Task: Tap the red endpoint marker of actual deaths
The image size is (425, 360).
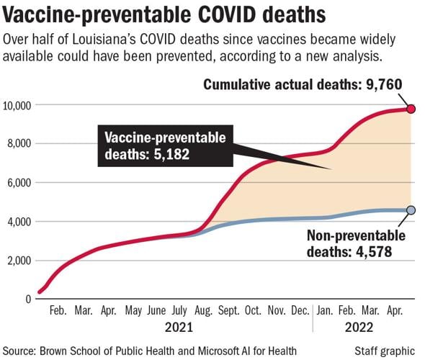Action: (x=411, y=109)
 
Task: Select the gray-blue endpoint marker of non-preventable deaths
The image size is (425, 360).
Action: (x=411, y=210)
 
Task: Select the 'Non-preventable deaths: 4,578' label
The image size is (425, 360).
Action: (x=356, y=243)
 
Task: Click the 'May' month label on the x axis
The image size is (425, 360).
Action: (x=133, y=311)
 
